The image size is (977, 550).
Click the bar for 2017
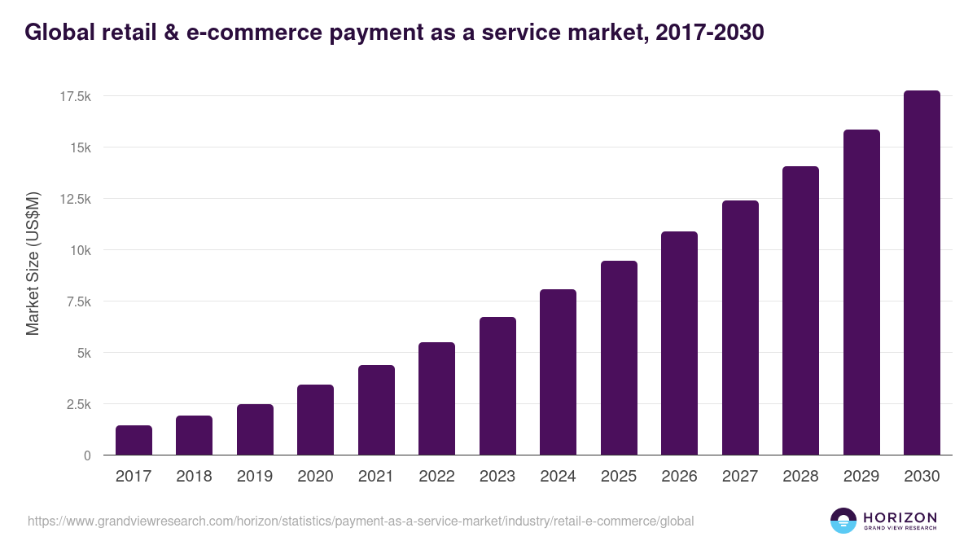(134, 440)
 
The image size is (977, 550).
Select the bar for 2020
(315, 420)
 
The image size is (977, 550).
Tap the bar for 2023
(497, 386)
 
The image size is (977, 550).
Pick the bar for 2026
(679, 343)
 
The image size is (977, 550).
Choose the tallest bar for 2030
(922, 273)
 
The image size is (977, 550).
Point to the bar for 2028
(800, 310)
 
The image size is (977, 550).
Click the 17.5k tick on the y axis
(75, 97)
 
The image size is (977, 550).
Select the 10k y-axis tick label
(79, 251)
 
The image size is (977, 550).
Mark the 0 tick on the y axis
(87, 456)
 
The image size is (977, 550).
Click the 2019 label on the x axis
(255, 477)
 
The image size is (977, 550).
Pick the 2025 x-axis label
(619, 477)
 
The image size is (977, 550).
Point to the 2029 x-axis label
(861, 477)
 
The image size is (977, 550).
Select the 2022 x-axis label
(436, 477)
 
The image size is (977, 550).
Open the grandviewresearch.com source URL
(361, 521)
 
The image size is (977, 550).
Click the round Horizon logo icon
(843, 521)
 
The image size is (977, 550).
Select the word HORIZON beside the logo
(900, 517)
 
